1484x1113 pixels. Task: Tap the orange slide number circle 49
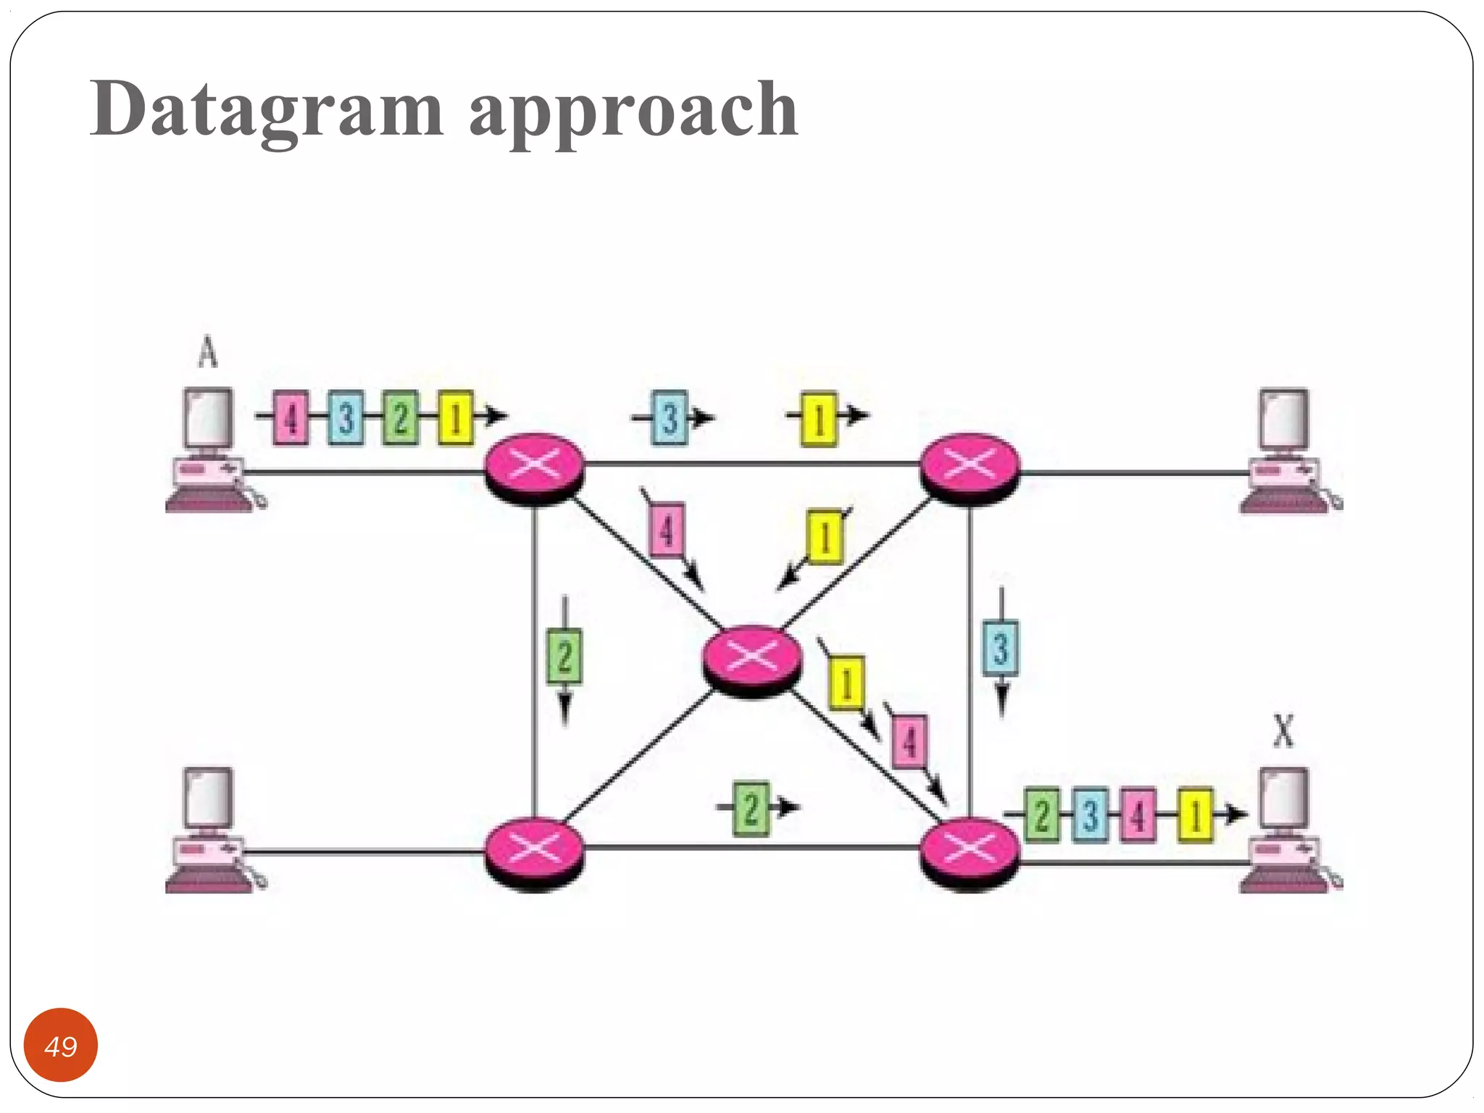61,1046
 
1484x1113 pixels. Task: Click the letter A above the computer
208,352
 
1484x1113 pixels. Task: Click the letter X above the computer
1283,731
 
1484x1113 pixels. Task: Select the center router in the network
753,659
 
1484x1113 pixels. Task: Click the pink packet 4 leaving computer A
291,417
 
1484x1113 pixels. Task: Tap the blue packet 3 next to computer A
346,417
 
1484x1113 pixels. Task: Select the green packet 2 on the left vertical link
564,657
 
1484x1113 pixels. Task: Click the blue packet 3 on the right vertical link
1001,648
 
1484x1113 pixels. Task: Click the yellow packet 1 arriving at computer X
1195,815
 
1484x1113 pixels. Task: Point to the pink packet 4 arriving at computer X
1138,815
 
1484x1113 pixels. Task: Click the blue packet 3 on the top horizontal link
670,418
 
